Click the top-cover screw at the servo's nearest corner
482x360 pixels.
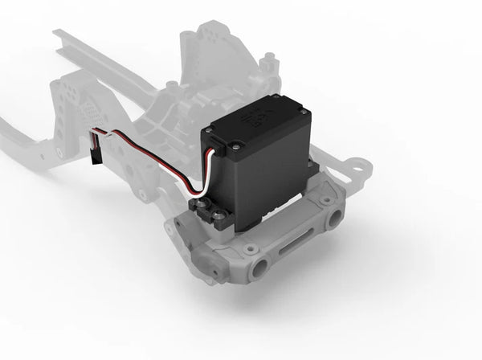click(x=236, y=147)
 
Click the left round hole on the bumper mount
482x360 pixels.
click(x=259, y=268)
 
